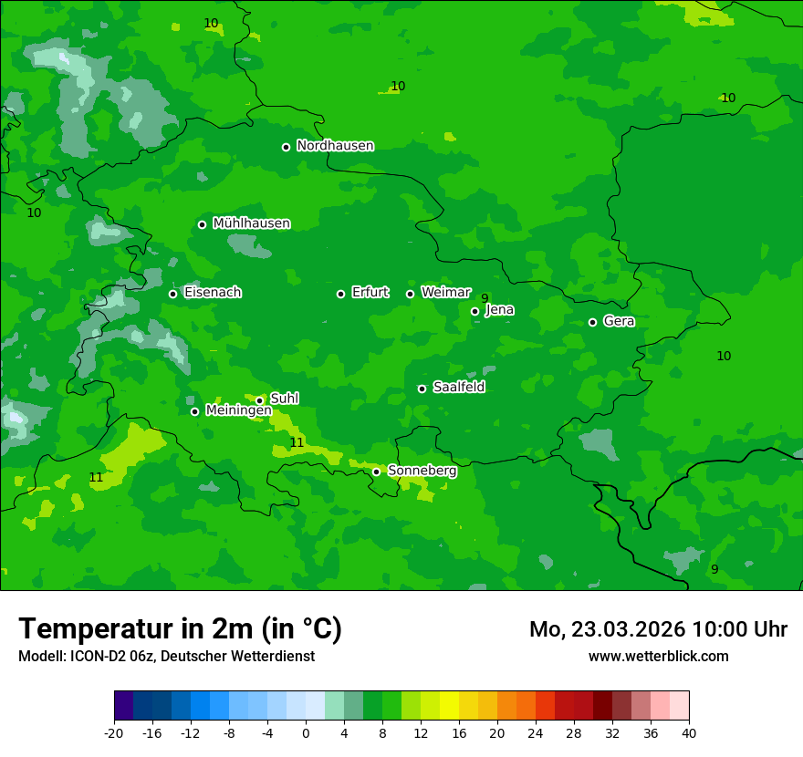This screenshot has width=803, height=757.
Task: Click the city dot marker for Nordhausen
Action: (286, 147)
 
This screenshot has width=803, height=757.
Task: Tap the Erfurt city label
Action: (370, 293)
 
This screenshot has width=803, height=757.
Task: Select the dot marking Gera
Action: (592, 322)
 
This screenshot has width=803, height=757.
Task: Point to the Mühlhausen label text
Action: (251, 223)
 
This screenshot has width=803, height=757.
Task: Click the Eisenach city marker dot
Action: (172, 294)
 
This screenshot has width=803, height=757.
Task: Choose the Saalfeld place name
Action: (458, 388)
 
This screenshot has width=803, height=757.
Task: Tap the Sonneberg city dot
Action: (376, 472)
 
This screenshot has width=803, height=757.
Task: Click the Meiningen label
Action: (238, 410)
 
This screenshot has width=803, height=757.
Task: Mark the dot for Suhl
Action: (259, 400)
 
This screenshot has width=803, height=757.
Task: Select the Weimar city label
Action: (445, 293)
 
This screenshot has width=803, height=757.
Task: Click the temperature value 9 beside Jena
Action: (485, 298)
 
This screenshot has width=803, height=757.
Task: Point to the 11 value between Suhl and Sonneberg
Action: (297, 442)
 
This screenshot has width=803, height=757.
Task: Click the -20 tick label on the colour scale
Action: (114, 733)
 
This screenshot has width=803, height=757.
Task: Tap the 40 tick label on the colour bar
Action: (689, 733)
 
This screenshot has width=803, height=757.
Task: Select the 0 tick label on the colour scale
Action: (306, 733)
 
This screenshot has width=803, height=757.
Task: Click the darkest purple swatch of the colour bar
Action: (123, 706)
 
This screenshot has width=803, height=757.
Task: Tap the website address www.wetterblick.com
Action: (658, 657)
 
